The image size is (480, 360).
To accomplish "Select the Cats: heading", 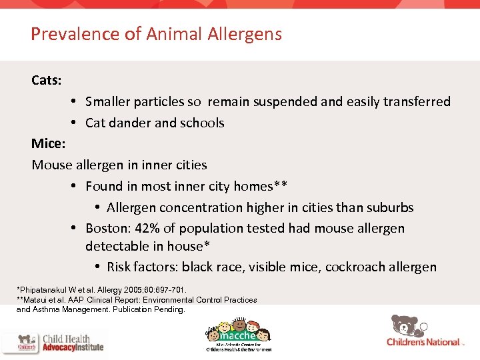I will [x=47, y=81].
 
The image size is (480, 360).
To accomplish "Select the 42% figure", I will [x=145, y=228].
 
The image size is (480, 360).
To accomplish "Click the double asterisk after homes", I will [x=282, y=185].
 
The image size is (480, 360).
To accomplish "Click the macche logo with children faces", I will [x=238, y=331].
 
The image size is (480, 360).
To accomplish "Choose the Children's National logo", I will [x=423, y=341].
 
